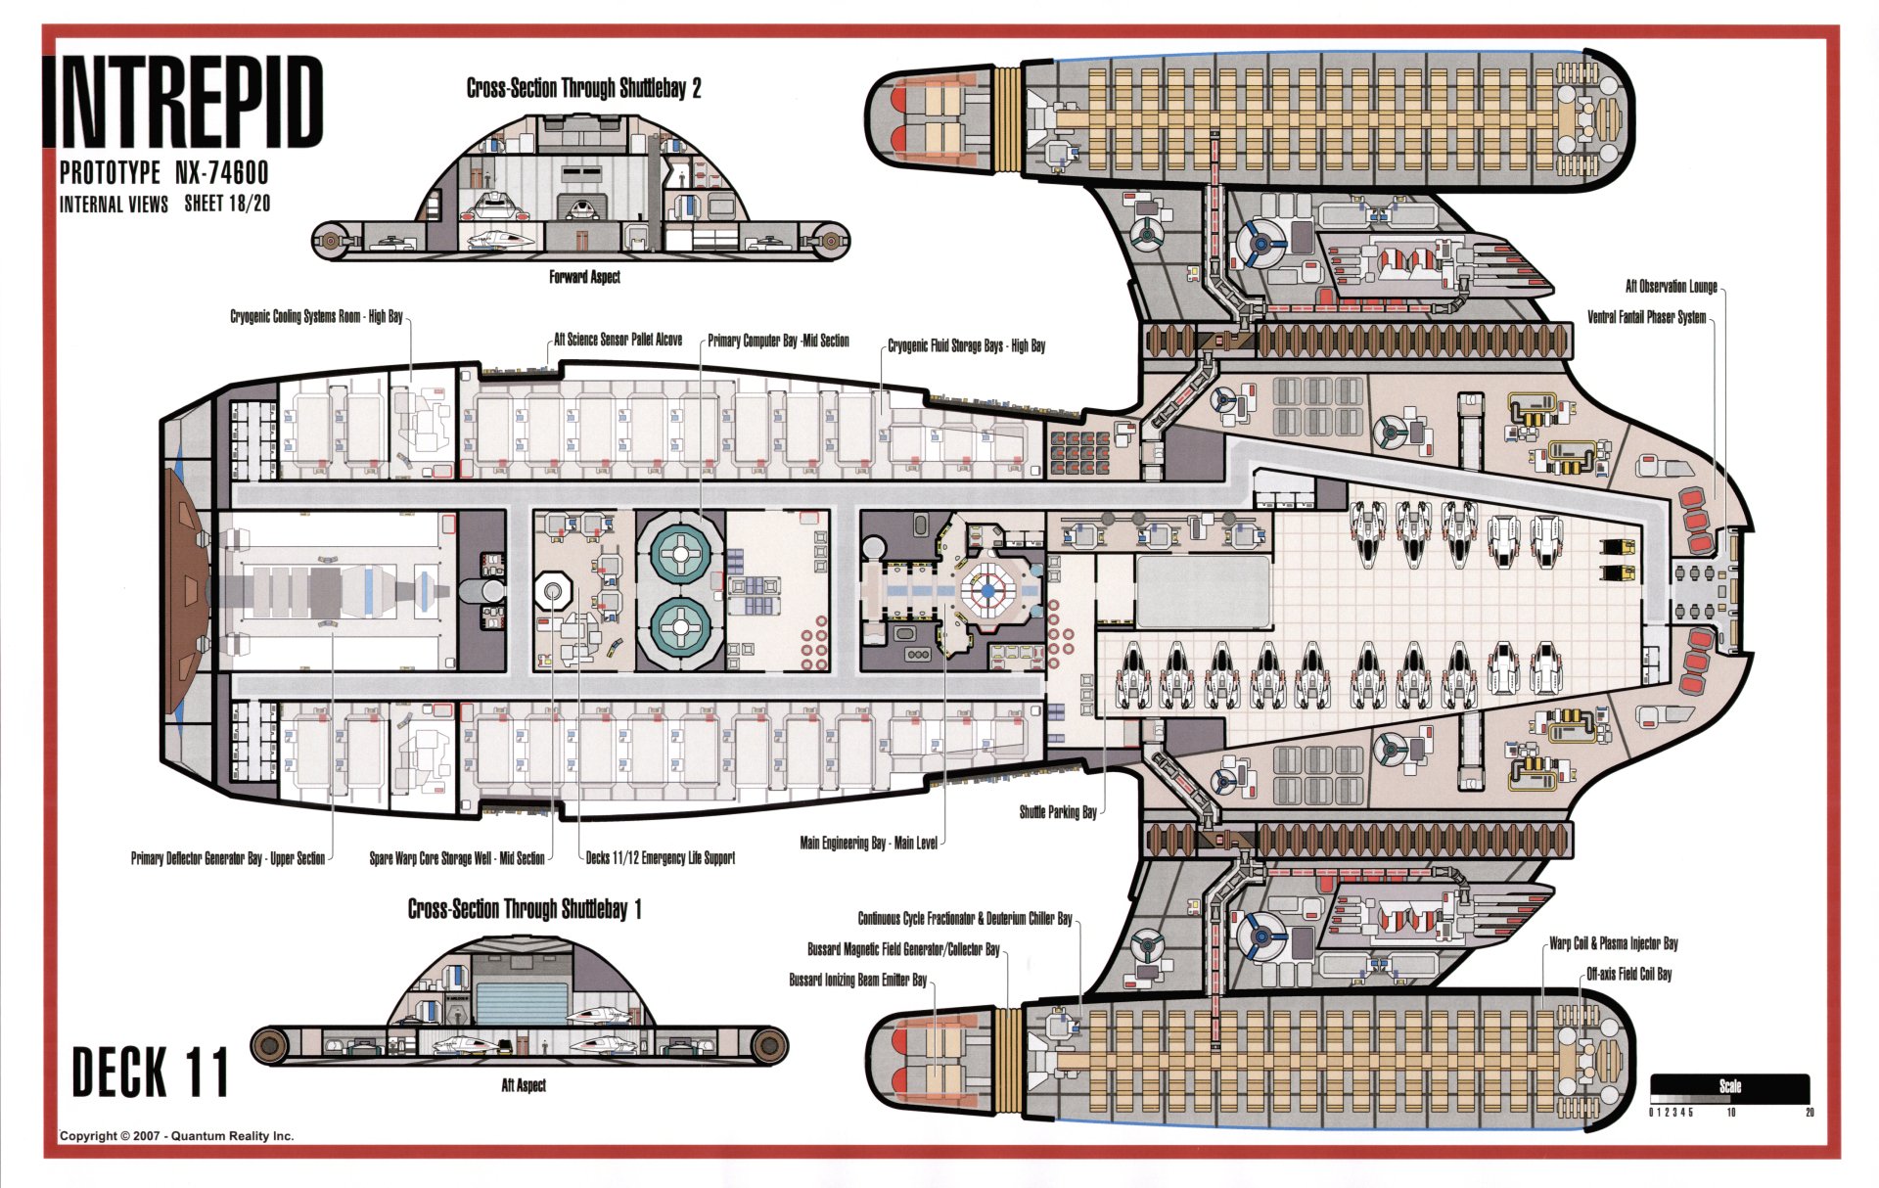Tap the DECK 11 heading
[x=150, y=1072]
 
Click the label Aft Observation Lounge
[x=1671, y=286]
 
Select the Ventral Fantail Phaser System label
[x=1646, y=317]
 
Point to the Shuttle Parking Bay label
[x=1057, y=811]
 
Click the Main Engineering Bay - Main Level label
[x=868, y=843]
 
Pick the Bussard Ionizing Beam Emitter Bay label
[x=857, y=980]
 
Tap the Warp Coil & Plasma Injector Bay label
[x=1613, y=943]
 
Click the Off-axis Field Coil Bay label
[x=1628, y=974]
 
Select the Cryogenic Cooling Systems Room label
[x=316, y=316]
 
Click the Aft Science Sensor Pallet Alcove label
[x=618, y=340]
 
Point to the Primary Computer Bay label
[x=778, y=341]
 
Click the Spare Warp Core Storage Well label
[x=456, y=858]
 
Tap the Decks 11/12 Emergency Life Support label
[x=660, y=858]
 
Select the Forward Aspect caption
[x=584, y=277]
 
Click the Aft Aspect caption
[x=524, y=1085]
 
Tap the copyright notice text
[x=176, y=1136]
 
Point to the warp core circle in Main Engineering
[x=987, y=590]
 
